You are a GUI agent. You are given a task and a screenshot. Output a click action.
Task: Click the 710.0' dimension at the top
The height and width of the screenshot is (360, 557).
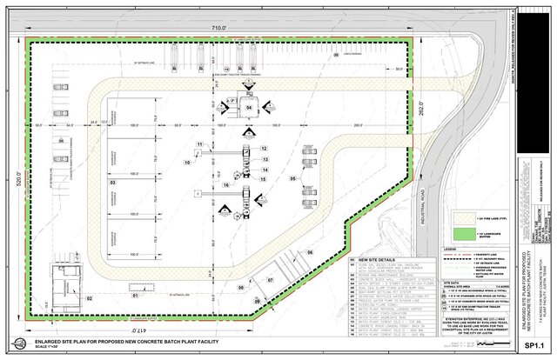217,29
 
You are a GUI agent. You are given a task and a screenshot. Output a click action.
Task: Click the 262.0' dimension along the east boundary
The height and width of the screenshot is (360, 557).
424,105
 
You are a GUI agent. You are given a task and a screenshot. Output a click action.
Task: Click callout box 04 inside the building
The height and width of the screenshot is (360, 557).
249,108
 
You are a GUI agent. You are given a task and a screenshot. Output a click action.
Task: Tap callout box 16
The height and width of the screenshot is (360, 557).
225,184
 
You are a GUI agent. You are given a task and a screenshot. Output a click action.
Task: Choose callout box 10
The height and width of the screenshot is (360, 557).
186,162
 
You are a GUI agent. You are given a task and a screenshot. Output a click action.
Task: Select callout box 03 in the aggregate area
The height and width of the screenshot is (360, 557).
111,184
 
